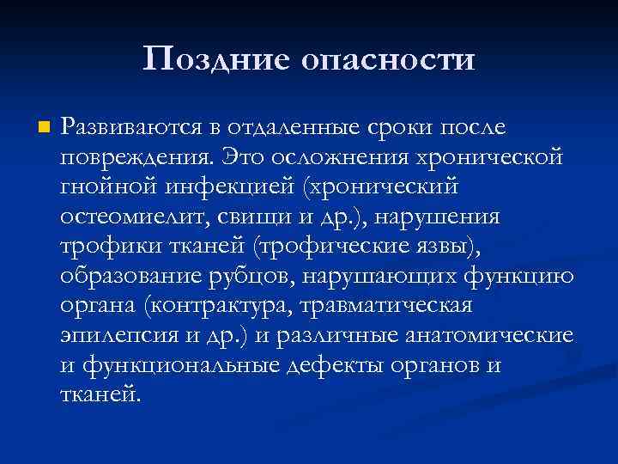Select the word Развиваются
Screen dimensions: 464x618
(x=129, y=129)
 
